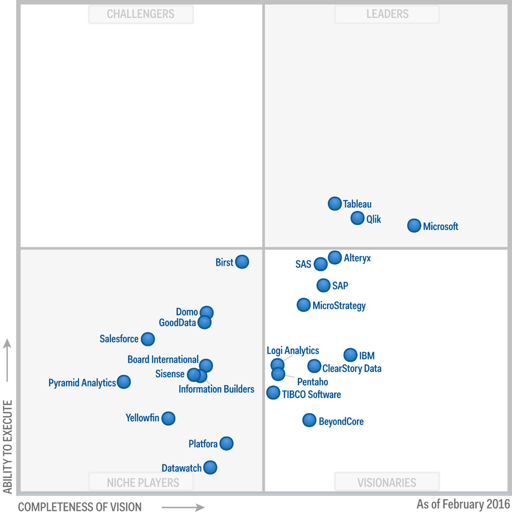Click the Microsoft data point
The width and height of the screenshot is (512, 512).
point(414,226)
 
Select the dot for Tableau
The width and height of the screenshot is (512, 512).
point(334,204)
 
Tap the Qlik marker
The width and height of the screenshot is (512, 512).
point(357,218)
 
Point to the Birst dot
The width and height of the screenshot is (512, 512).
point(242,262)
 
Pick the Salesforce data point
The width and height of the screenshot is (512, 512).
point(148,339)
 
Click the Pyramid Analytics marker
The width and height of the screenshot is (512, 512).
point(124,382)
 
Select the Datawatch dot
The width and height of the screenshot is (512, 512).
point(210,468)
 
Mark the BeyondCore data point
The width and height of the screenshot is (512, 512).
point(309,420)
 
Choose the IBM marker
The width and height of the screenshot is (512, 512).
point(350,355)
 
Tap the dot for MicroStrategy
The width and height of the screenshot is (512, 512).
point(304,305)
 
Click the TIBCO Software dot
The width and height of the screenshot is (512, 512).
point(273,393)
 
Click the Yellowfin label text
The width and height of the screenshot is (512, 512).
point(142,418)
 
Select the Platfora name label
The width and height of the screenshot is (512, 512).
point(203,444)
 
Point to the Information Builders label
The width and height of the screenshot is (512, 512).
point(216,389)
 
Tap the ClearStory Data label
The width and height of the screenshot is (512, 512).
point(352,368)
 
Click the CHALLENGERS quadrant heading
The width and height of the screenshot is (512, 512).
point(141,14)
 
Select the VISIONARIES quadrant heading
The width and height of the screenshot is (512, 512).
point(387,482)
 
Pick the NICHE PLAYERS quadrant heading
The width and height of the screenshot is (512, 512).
point(143,482)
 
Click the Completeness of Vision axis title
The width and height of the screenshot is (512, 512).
point(80,506)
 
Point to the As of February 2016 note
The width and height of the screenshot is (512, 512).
point(463,504)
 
